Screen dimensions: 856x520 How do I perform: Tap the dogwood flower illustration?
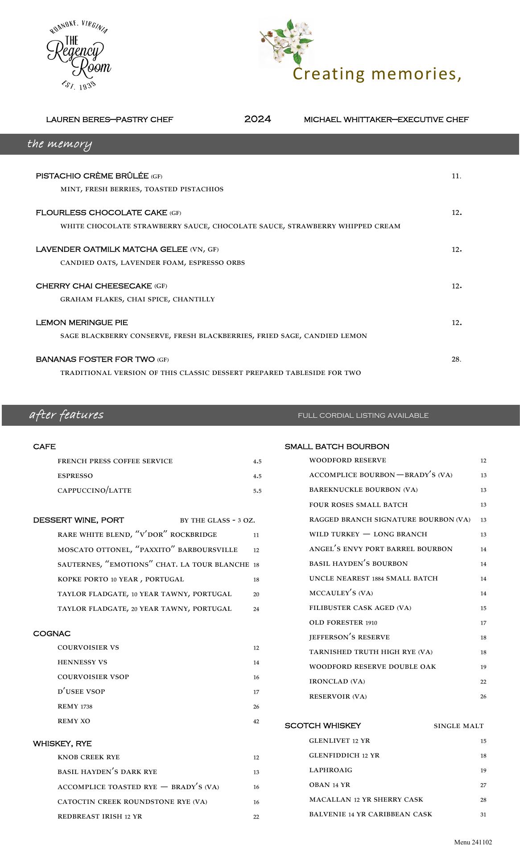pyautogui.click(x=287, y=42)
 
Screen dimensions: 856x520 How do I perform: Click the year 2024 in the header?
pyautogui.click(x=258, y=119)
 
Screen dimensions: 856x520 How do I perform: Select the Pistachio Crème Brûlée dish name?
pyautogui.click(x=92, y=176)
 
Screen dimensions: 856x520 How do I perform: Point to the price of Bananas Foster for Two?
pyautogui.click(x=456, y=359)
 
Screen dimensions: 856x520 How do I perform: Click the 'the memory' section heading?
pyautogui.click(x=59, y=144)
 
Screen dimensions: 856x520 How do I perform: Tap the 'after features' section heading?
pyautogui.click(x=66, y=415)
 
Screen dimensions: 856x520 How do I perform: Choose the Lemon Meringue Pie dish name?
pyautogui.click(x=82, y=322)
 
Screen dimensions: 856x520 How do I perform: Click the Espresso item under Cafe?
pyautogui.click(x=75, y=476)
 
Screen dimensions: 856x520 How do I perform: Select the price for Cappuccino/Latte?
pyautogui.click(x=257, y=491)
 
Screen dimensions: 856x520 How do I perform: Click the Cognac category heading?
pyautogui.click(x=52, y=634)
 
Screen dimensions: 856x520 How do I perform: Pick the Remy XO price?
pyautogui.click(x=256, y=721)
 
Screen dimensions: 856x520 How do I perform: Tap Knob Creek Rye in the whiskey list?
pyautogui.click(x=89, y=757)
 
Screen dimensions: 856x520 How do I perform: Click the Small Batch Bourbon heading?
pyautogui.click(x=337, y=446)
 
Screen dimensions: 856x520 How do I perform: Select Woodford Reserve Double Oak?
pyautogui.click(x=372, y=667)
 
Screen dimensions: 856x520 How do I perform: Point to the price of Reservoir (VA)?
pyautogui.click(x=483, y=696)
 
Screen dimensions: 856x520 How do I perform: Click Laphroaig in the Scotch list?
pyautogui.click(x=330, y=770)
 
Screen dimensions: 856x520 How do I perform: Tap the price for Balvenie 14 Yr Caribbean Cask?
pyautogui.click(x=483, y=815)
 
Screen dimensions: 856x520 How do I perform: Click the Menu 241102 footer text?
pyautogui.click(x=473, y=842)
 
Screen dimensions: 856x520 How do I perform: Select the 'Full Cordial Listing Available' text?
pyautogui.click(x=363, y=416)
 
